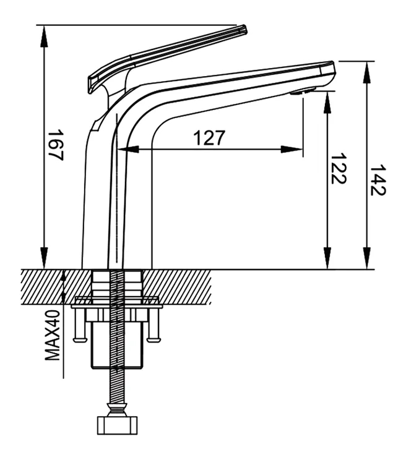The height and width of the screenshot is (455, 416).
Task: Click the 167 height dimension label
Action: click(56, 145)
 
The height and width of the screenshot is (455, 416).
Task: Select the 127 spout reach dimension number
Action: click(209, 137)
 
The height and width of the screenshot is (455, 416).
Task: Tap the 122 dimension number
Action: click(339, 169)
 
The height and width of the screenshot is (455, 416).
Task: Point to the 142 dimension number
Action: click(378, 180)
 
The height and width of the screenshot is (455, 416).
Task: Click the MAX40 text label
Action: click(52, 335)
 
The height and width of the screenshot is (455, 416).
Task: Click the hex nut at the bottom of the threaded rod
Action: click(117, 425)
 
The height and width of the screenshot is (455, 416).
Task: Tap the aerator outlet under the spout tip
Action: click(303, 92)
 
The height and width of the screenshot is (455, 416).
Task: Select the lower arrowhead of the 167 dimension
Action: click(44, 258)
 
